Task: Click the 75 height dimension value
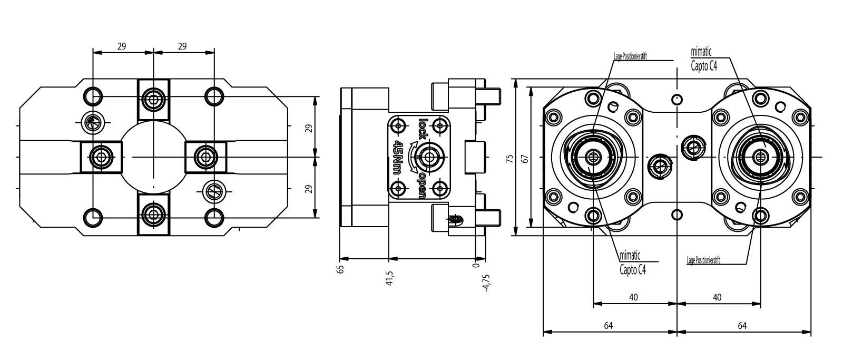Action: pos(509,159)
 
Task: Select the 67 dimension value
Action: pos(524,159)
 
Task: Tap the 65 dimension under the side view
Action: pos(341,269)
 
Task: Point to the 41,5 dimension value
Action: pos(390,277)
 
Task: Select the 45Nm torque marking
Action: pos(398,157)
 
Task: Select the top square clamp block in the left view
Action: pos(153,99)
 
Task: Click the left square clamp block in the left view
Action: pos(100,157)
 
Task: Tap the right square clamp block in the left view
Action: pos(206,157)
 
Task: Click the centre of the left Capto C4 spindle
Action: pos(594,157)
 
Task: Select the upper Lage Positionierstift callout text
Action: pos(630,55)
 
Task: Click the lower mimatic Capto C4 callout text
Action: pos(632,262)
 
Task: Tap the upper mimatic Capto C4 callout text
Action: pos(703,58)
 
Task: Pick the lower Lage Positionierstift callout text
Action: pos(703,260)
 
